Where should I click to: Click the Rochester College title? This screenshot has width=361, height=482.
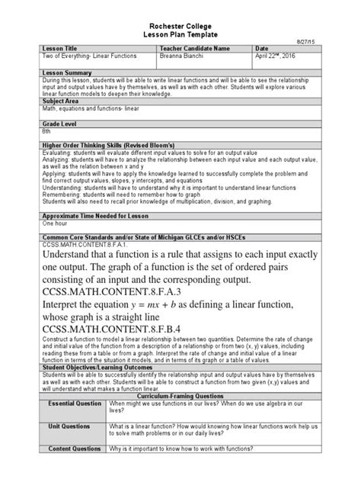[x=180, y=26]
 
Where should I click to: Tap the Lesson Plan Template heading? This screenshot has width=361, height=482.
[x=180, y=35]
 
